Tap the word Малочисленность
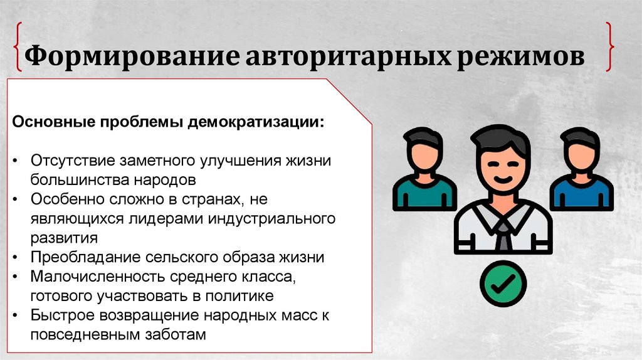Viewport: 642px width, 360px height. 91,277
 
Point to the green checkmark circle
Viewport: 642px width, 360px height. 503,283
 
